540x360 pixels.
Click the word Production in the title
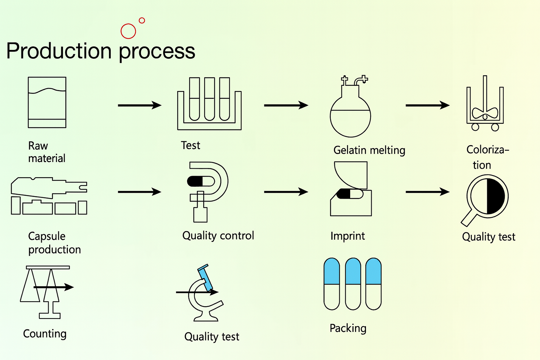point(59,51)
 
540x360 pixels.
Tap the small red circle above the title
point(142,20)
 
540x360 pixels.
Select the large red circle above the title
point(128,31)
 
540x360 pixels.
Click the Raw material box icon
point(47,102)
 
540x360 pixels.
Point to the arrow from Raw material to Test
point(140,105)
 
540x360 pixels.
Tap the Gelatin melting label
point(369,150)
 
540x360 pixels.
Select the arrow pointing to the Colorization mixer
point(427,105)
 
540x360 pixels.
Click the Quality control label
point(218,236)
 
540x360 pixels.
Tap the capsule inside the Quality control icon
point(201,181)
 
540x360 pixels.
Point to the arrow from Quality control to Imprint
point(286,192)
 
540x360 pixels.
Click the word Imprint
point(347,236)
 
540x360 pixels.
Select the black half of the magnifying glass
point(496,196)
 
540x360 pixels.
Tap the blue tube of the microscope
point(205,278)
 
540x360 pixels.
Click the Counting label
point(45,334)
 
